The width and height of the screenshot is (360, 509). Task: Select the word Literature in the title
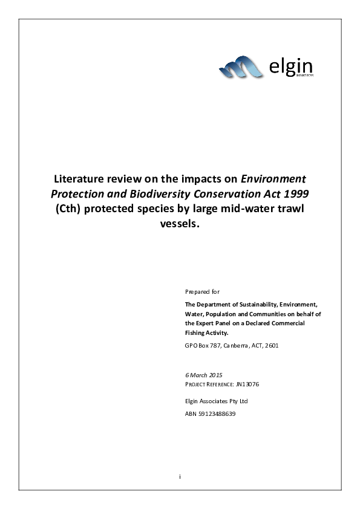tap(80, 179)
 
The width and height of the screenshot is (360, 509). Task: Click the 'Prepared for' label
tap(198, 291)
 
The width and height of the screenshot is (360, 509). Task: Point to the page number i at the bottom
tap(180, 477)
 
